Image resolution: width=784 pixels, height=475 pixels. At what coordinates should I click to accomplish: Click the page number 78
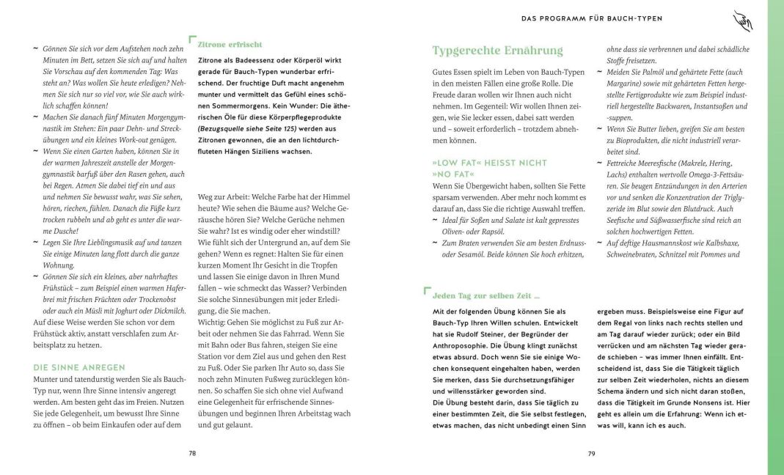pyautogui.click(x=192, y=454)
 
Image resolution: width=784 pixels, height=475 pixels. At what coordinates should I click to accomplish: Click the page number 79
pyautogui.click(x=591, y=454)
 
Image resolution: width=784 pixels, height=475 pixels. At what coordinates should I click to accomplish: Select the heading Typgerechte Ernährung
pyautogui.click(x=497, y=51)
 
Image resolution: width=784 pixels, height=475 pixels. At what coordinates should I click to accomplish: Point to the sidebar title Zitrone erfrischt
pyautogui.click(x=230, y=44)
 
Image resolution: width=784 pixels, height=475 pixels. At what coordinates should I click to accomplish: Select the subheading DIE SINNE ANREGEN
pyautogui.click(x=79, y=367)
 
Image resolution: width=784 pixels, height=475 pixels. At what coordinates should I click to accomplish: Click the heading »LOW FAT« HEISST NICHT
pyautogui.click(x=490, y=163)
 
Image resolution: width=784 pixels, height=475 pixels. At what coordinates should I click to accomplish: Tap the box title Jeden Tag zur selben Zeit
pyautogui.click(x=486, y=295)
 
